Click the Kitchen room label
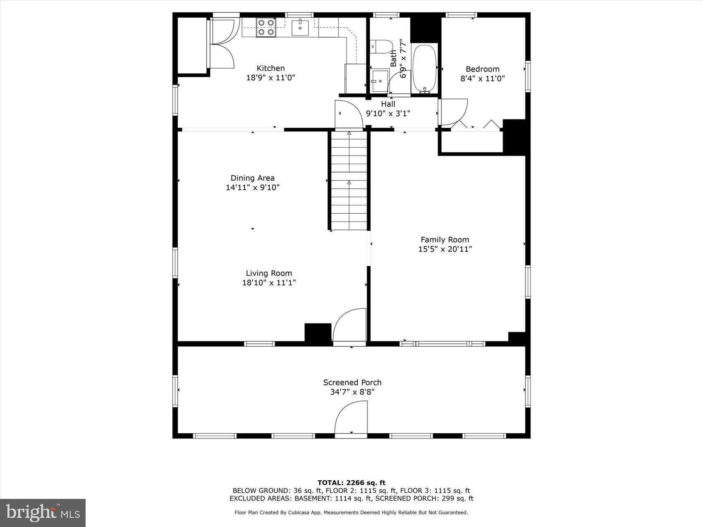point(270,68)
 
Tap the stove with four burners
point(266,27)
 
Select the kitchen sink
point(300,27)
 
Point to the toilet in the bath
point(381,46)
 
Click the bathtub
point(425,68)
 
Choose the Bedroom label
point(482,69)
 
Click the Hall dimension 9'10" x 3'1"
point(388,113)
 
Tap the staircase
point(349,180)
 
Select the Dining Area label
point(252,178)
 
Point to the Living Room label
point(269,273)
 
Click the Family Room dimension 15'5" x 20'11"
point(445,249)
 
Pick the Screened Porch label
point(352,382)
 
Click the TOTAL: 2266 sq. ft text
point(351,482)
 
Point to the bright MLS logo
point(43,513)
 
